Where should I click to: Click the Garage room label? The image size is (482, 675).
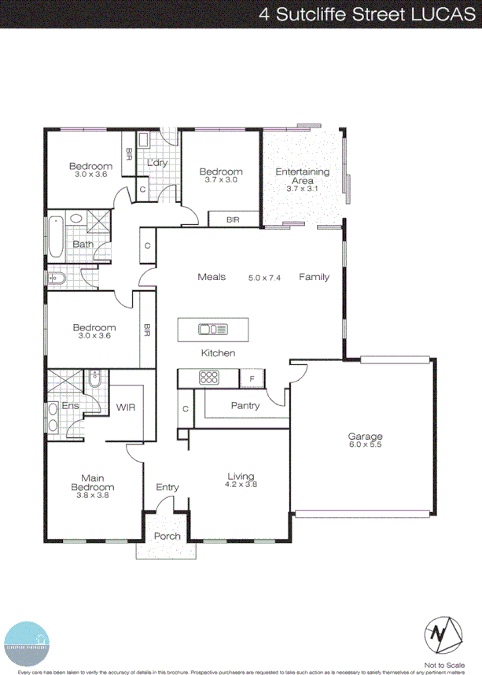[365, 437]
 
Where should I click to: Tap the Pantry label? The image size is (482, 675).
[245, 406]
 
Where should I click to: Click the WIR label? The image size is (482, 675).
[127, 408]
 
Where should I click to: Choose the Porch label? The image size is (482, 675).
[167, 537]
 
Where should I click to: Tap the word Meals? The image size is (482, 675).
[212, 277]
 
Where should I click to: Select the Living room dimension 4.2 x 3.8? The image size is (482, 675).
[241, 485]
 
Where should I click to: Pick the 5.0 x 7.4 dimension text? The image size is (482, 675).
[264, 278]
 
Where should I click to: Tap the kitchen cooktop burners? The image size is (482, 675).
[209, 378]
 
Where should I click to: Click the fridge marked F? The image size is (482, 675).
[252, 378]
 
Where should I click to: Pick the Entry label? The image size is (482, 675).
[167, 488]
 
